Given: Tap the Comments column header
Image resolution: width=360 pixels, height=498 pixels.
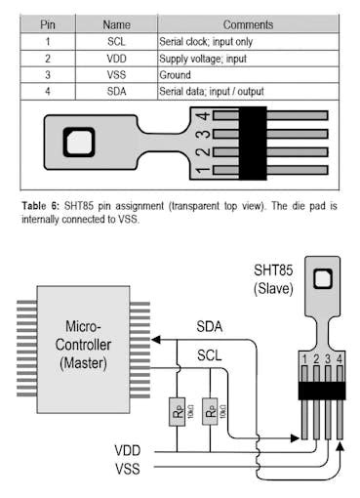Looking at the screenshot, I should click(247, 24).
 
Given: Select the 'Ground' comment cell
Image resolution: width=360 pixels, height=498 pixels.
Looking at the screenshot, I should click(177, 75).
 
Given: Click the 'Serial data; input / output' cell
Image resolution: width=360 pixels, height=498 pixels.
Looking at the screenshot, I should click(214, 92).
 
